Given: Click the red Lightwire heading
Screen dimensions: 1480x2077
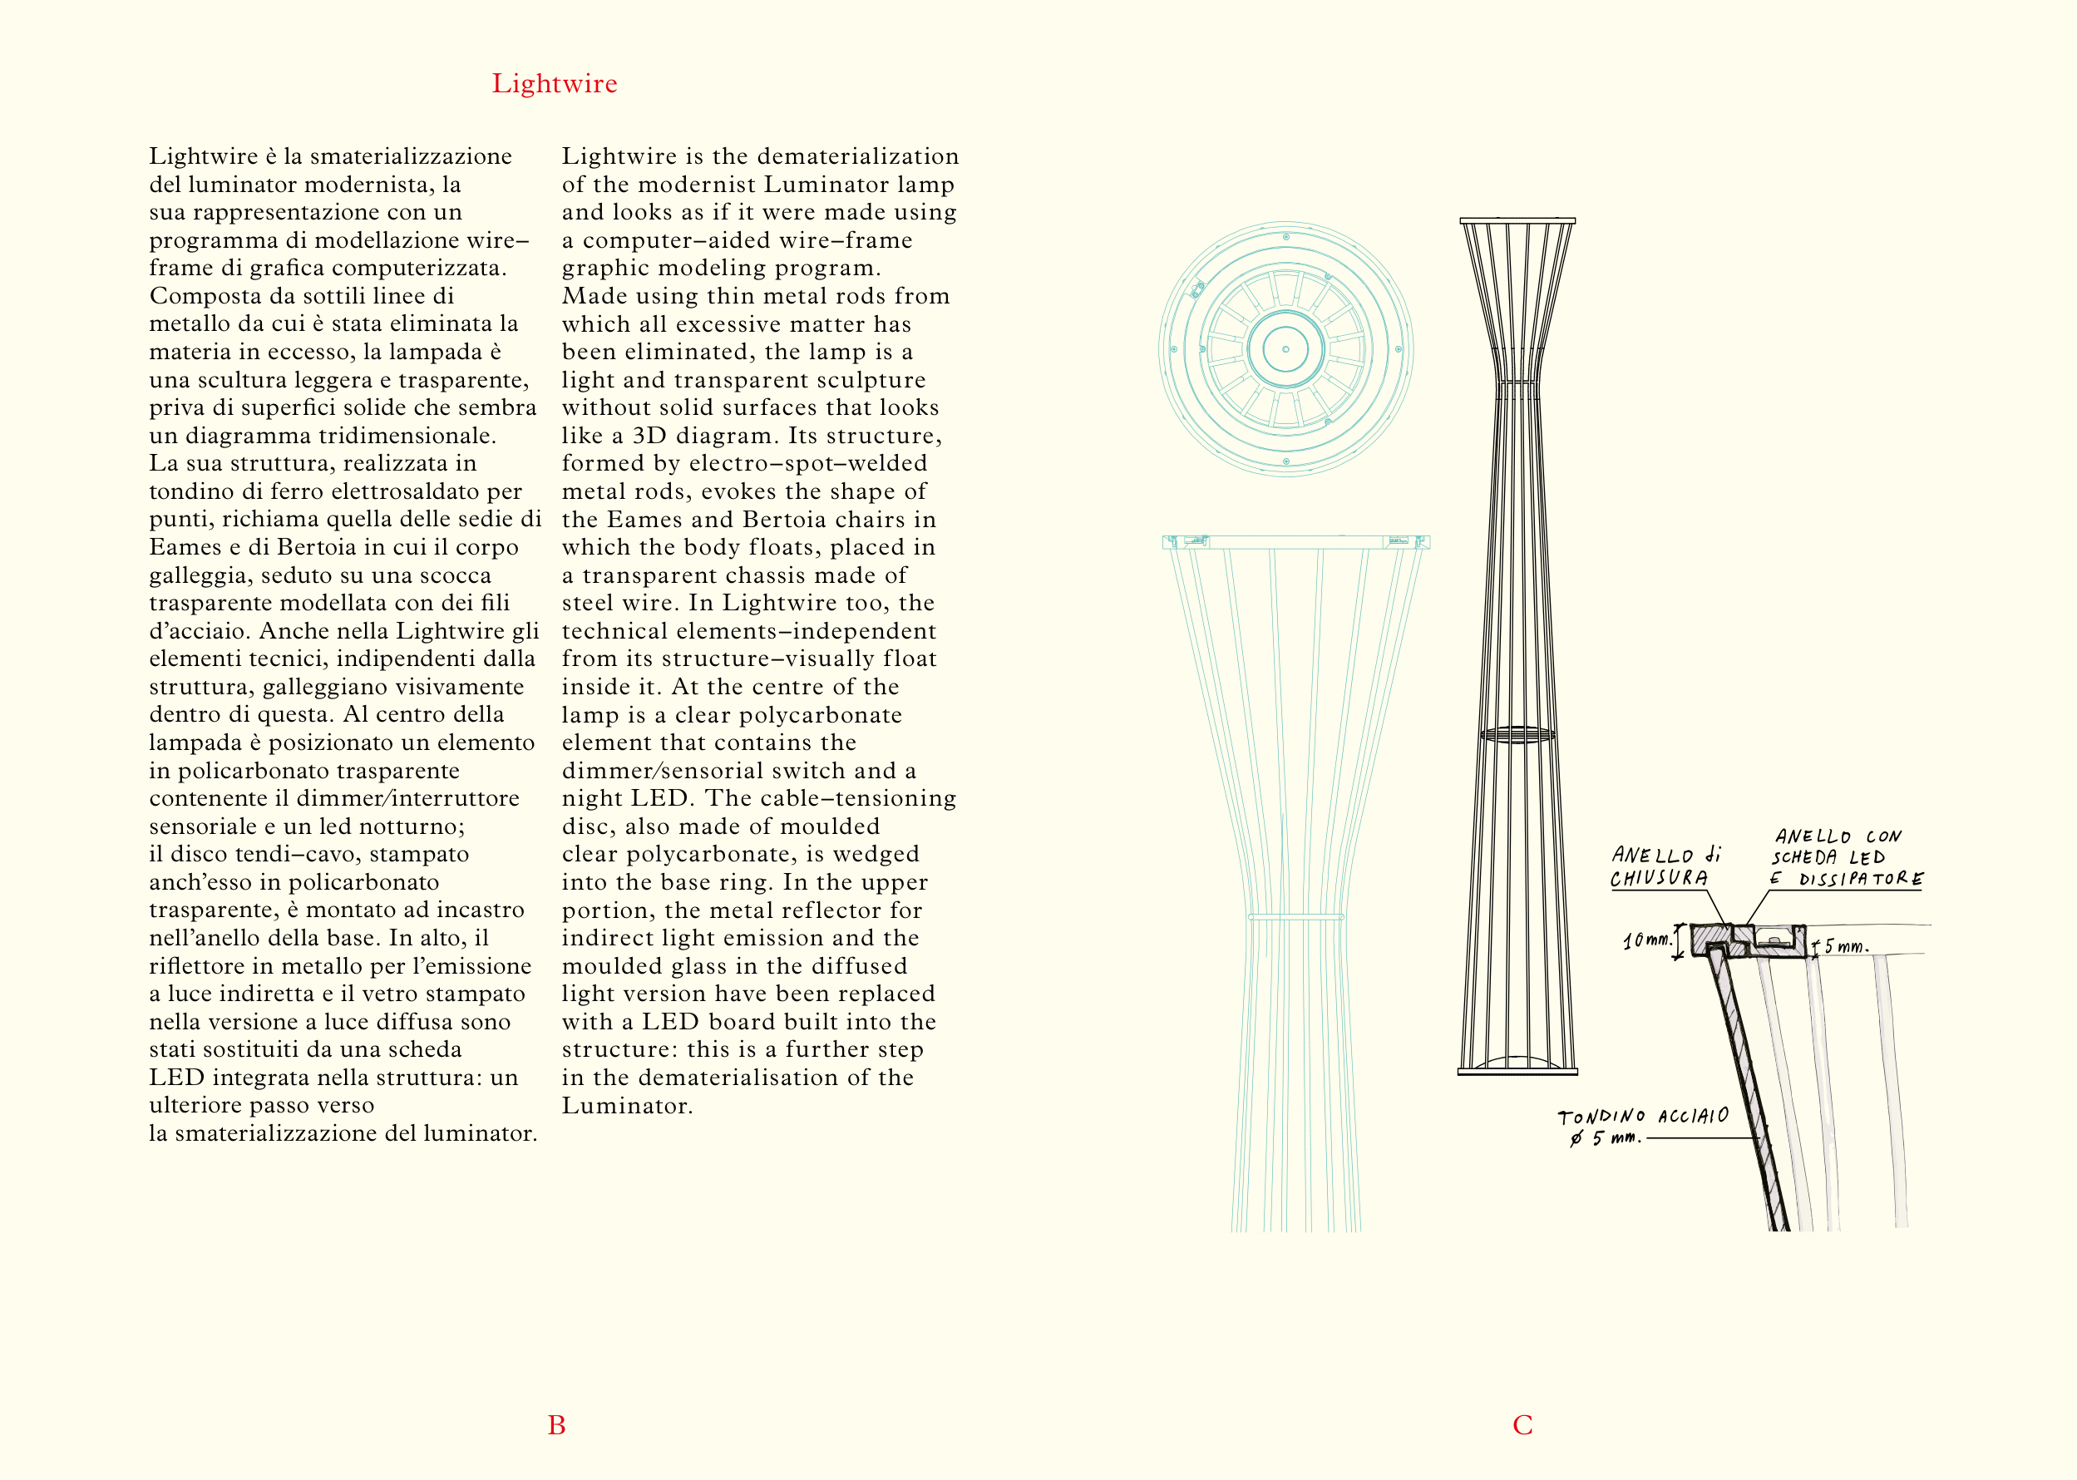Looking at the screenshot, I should [554, 84].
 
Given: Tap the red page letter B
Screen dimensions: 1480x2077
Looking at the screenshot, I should [556, 1425].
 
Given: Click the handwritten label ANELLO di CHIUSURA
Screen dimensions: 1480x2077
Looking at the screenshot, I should [1663, 866].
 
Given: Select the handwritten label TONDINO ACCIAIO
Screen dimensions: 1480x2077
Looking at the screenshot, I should [1642, 1117].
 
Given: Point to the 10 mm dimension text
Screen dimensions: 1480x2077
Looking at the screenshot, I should [1647, 940].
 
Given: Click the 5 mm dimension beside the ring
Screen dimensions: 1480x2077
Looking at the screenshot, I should [1846, 947].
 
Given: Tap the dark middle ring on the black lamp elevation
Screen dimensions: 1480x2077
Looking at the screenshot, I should [1517, 733].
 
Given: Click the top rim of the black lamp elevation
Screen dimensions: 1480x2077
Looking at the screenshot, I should [1517, 220].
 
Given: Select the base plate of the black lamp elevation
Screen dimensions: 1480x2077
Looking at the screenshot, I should [1517, 1072].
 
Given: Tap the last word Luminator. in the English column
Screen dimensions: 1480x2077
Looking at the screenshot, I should [627, 1107].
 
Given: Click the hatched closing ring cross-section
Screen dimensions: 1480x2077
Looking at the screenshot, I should [1714, 939].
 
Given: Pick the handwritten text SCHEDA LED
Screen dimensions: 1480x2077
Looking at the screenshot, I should [1828, 857].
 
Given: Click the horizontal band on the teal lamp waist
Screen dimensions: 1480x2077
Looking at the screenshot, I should [1295, 917].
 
